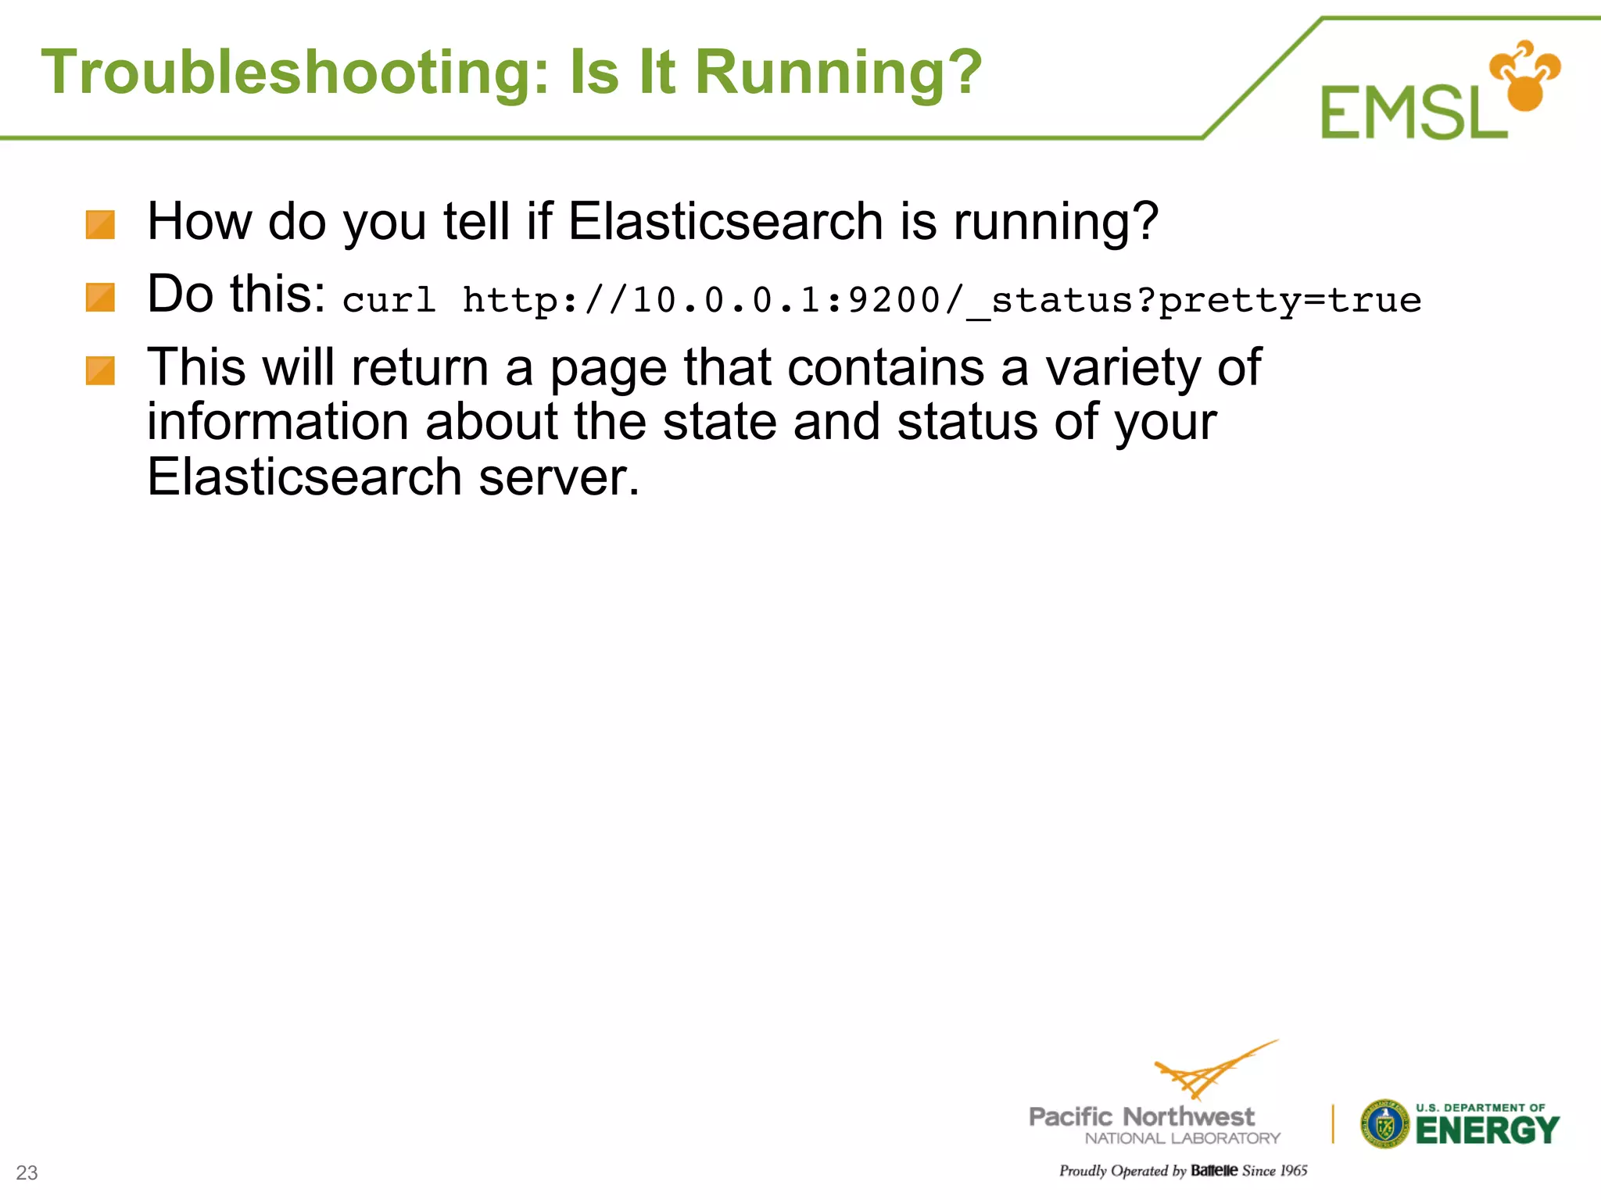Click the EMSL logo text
1413,114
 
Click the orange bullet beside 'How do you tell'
100,225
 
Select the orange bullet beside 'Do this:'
100,298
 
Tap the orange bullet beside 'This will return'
100,371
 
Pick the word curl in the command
389,300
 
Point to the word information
278,422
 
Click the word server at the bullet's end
558,477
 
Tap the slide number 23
27,1173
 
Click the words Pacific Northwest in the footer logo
1141,1116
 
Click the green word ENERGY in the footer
1487,1130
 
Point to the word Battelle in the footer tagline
1214,1170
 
